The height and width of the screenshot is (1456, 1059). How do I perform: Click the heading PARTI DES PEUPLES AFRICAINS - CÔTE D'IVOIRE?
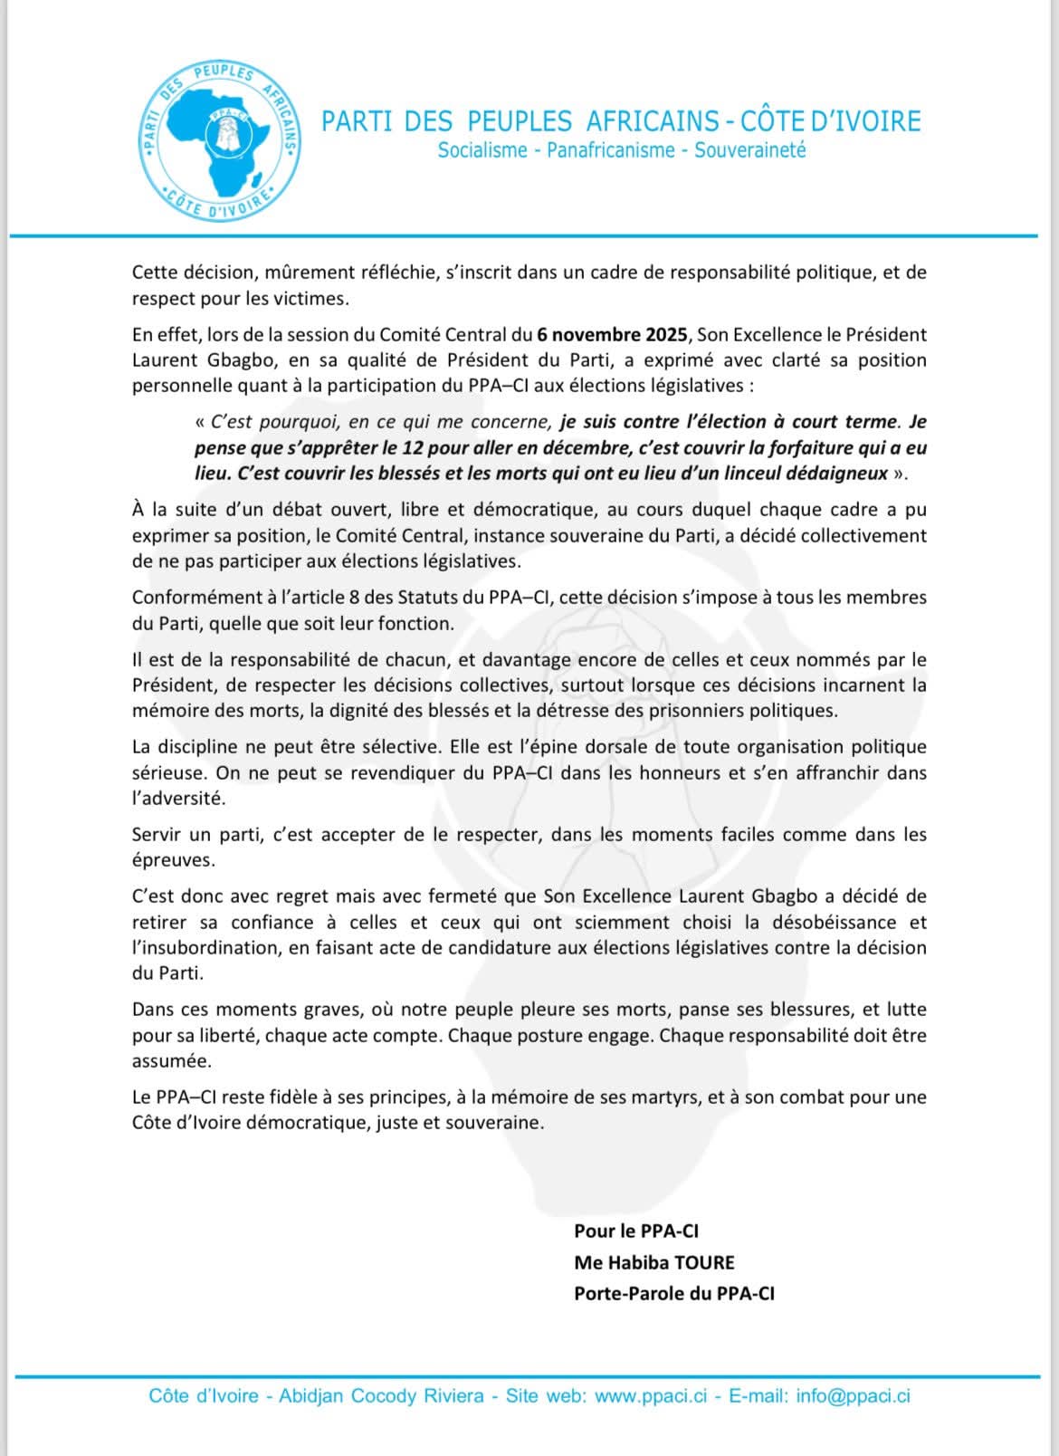pyautogui.click(x=621, y=121)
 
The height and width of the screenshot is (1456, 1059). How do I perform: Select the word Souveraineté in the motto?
pyautogui.click(x=749, y=150)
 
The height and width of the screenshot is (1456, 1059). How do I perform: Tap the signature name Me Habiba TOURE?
pyautogui.click(x=654, y=1262)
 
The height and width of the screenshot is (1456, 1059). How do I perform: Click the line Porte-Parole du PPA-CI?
pyautogui.click(x=673, y=1293)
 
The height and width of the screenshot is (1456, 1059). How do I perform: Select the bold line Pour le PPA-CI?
pyautogui.click(x=635, y=1231)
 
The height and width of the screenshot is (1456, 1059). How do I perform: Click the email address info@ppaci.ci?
pyautogui.click(x=853, y=1395)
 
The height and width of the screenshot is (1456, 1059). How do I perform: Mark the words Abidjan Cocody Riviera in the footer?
pyautogui.click(x=381, y=1395)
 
